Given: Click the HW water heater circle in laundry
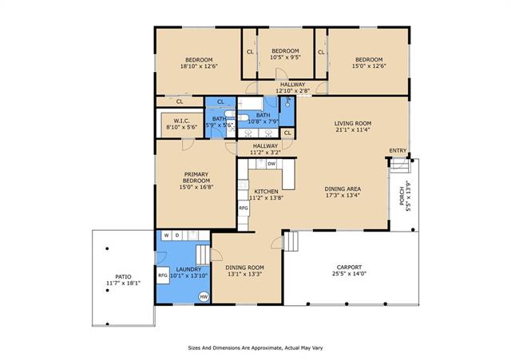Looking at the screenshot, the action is pyautogui.click(x=204, y=296).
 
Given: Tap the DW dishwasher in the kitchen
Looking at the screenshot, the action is pyautogui.click(x=271, y=164).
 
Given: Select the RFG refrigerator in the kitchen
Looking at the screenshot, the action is pyautogui.click(x=244, y=208).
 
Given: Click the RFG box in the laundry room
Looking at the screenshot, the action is pyautogui.click(x=163, y=276).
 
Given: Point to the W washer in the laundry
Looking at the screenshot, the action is pyautogui.click(x=167, y=235).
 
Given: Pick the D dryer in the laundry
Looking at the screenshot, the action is pyautogui.click(x=177, y=235).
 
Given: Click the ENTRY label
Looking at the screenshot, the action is pyautogui.click(x=398, y=151).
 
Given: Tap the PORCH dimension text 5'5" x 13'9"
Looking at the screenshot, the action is pyautogui.click(x=408, y=196).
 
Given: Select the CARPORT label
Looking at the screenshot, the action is pyautogui.click(x=349, y=267).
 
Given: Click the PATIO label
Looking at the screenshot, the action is pyautogui.click(x=123, y=277).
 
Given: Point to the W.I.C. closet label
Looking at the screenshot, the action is pyautogui.click(x=181, y=121).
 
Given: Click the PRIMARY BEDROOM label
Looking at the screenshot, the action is pyautogui.click(x=196, y=178).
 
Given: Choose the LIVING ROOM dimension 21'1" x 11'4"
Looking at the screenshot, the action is pyautogui.click(x=353, y=129).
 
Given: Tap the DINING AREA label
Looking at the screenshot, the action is pyautogui.click(x=343, y=188).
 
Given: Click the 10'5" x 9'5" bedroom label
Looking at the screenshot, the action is pyautogui.click(x=285, y=57).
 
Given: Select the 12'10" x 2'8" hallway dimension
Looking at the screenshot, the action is pyautogui.click(x=293, y=91).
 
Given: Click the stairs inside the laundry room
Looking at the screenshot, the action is pyautogui.click(x=203, y=255).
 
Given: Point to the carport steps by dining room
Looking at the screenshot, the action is pyautogui.click(x=291, y=241).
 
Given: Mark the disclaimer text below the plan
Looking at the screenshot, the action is pyautogui.click(x=255, y=348).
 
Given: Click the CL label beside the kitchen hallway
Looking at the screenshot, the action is pyautogui.click(x=287, y=133).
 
